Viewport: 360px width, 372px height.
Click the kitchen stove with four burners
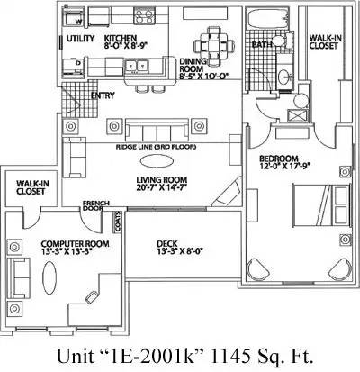[144, 15]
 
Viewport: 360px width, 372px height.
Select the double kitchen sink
[137, 65]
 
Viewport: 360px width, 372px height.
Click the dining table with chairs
[213, 46]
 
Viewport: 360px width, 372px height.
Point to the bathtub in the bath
[266, 20]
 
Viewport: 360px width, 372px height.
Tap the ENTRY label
[103, 95]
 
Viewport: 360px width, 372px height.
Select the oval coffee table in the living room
[157, 161]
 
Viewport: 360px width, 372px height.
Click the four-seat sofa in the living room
[157, 130]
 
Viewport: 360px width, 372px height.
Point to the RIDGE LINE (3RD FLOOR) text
[156, 147]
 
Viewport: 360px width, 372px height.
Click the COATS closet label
[118, 222]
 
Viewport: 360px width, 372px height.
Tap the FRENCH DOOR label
[95, 205]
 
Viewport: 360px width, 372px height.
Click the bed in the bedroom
[320, 204]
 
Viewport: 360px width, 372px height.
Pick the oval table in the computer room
[49, 277]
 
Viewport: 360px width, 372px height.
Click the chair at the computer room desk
[91, 297]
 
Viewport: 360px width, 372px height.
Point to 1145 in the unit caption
[231, 356]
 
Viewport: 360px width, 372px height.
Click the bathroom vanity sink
[284, 78]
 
